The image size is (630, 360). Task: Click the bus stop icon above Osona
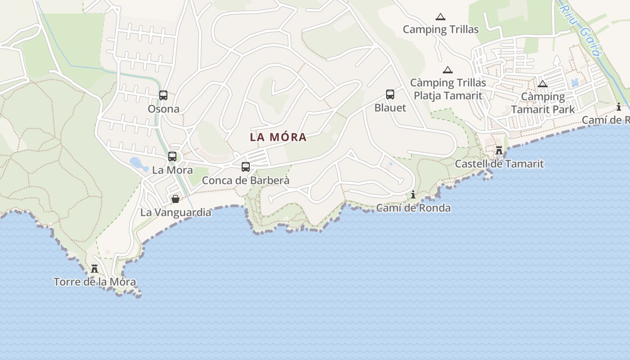click(163, 95)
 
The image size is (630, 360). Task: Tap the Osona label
click(163, 109)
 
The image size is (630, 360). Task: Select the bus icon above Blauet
click(390, 94)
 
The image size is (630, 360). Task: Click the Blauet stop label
click(390, 108)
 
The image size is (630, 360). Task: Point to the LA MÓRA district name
click(279, 137)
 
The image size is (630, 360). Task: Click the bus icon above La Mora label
click(172, 157)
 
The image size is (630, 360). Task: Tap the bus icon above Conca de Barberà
click(246, 167)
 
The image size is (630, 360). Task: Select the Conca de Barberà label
click(246, 181)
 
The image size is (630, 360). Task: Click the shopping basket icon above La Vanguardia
click(175, 199)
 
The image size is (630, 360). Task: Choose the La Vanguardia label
click(175, 212)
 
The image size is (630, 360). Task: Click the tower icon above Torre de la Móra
click(94, 269)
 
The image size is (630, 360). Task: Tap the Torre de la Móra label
click(94, 282)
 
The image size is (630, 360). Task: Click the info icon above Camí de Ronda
click(413, 194)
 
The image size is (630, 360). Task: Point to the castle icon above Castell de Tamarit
click(499, 150)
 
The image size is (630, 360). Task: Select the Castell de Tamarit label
click(499, 164)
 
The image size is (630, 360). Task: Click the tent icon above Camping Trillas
click(441, 17)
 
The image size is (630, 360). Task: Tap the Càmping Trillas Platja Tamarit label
click(448, 89)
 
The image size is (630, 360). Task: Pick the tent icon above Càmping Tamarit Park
click(543, 84)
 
